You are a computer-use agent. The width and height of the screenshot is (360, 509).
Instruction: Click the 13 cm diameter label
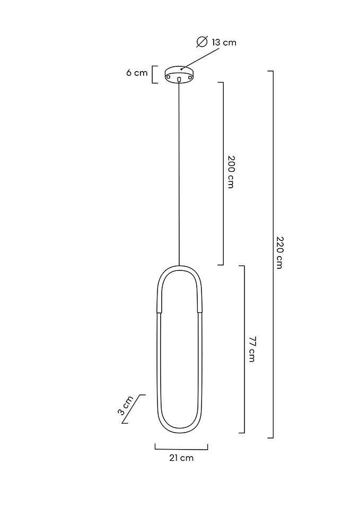[216, 42]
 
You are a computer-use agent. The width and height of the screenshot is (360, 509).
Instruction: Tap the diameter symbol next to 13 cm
[202, 42]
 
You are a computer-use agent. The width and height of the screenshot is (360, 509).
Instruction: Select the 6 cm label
[137, 73]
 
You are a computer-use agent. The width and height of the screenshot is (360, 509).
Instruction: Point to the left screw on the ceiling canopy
[168, 76]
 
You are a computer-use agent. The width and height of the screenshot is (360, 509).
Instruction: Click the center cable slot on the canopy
[179, 79]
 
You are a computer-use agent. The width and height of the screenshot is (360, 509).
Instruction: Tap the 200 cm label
[231, 172]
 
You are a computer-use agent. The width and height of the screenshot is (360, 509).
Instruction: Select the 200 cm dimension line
[223, 174]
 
